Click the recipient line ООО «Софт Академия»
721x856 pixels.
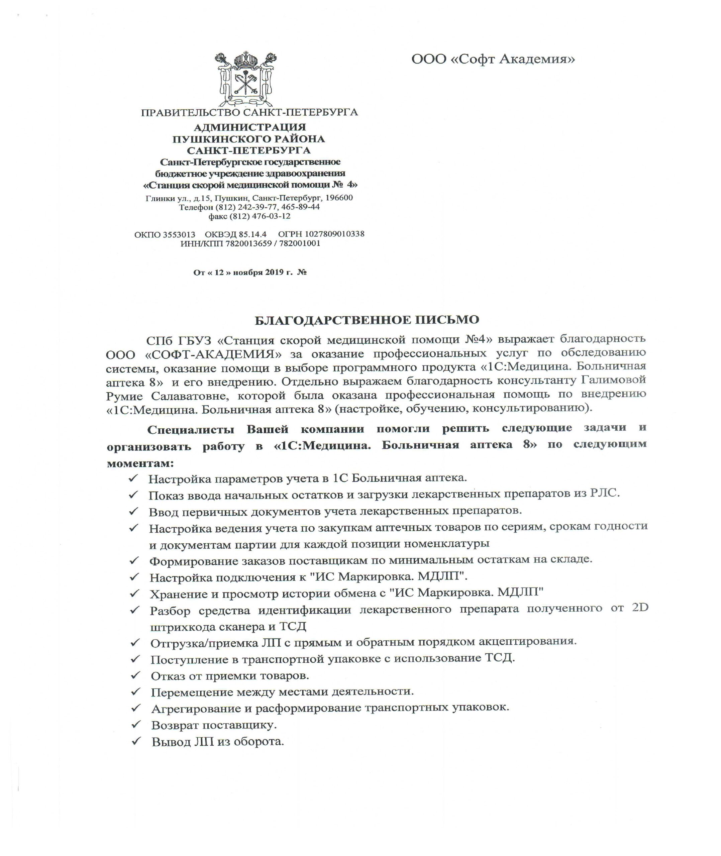493,60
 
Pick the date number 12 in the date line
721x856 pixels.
219,272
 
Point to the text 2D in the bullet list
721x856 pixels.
640,608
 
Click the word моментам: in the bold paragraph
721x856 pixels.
140,464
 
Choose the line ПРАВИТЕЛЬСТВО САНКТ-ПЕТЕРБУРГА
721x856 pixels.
249,112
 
